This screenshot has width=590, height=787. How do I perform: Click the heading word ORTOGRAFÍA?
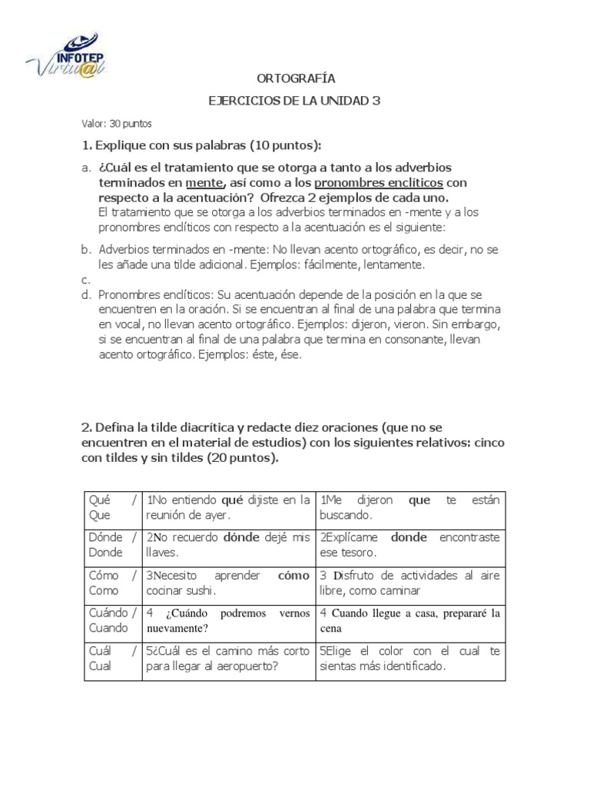(x=295, y=78)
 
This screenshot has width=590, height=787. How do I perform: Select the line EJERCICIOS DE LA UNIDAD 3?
(x=295, y=101)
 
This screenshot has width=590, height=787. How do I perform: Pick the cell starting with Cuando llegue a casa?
(x=409, y=621)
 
